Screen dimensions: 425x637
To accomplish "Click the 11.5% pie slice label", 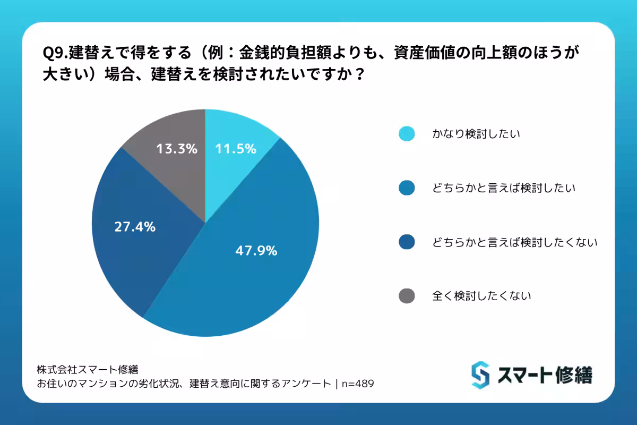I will click(236, 149).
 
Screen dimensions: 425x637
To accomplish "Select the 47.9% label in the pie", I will click(256, 251).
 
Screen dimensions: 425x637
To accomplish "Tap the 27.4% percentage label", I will click(135, 227).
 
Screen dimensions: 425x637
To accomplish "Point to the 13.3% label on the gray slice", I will click(177, 149).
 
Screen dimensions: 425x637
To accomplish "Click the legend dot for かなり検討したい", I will click(407, 134).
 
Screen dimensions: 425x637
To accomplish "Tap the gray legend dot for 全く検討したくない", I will click(407, 296).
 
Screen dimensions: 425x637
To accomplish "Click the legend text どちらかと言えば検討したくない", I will click(515, 242).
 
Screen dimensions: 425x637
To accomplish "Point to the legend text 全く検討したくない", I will click(481, 296).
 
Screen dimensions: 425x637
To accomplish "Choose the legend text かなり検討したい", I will click(476, 134).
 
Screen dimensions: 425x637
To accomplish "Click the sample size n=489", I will click(358, 384).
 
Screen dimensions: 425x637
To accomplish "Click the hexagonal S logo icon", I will click(480, 375).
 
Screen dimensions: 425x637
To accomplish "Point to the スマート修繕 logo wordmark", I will click(545, 375).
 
